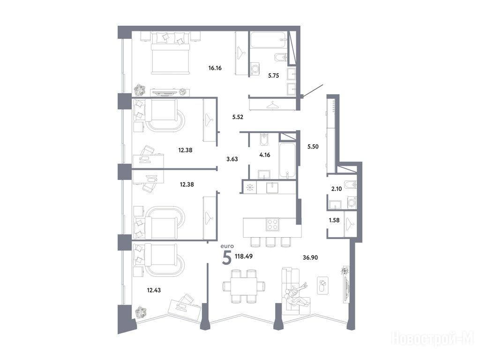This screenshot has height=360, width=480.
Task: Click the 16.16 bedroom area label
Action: point(215,68)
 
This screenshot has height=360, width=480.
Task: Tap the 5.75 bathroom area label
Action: point(273,75)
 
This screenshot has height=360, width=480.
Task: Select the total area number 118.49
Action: point(244,256)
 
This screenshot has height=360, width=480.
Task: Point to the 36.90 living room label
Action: point(310,257)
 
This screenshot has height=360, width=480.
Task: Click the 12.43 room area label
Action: point(154,290)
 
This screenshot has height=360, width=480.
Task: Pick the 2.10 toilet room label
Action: point(337,189)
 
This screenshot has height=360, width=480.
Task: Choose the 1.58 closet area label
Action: point(334,220)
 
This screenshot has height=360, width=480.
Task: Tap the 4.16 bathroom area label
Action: point(265,155)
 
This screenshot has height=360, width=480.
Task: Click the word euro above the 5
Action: point(227,246)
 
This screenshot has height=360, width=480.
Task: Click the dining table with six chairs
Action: point(244,286)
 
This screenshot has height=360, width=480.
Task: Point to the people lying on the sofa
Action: point(296,294)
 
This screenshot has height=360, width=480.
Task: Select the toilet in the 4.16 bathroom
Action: point(264,140)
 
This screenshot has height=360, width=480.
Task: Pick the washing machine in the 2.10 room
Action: point(352,202)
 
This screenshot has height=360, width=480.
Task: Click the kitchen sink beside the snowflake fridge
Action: point(272,187)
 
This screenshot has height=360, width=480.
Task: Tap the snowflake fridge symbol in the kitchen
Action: point(250,187)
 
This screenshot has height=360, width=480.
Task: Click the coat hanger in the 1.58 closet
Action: point(350,225)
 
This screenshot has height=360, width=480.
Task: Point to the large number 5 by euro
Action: point(227,257)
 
